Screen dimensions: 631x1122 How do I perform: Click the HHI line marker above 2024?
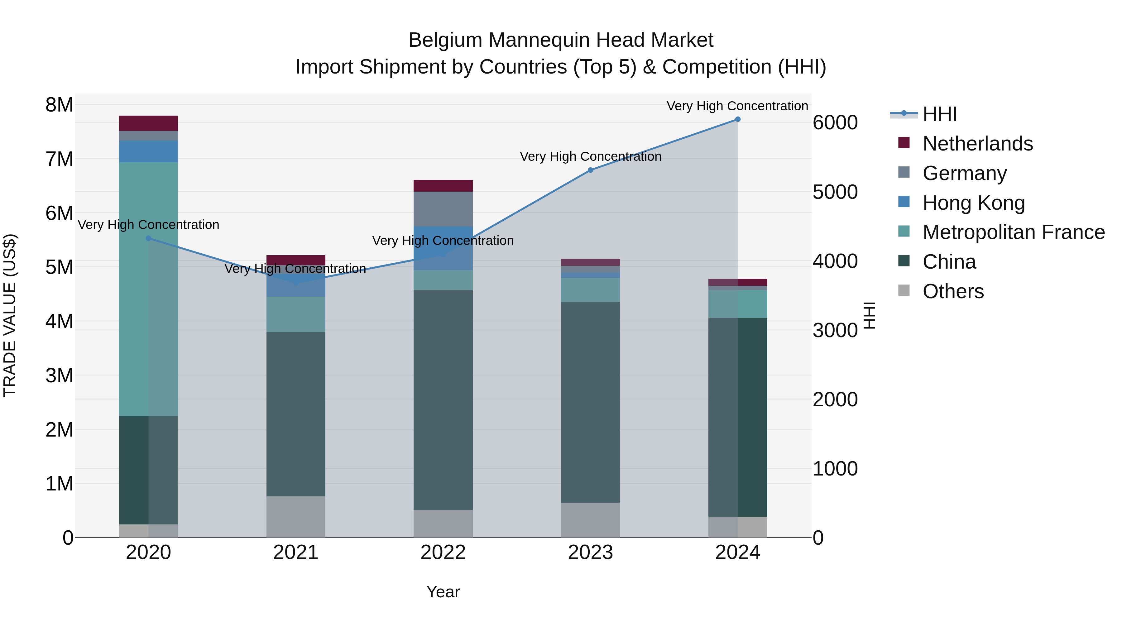[737, 119]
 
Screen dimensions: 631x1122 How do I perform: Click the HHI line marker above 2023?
[590, 170]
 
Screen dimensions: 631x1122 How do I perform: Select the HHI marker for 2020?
[149, 238]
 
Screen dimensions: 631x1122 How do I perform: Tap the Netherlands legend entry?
[977, 144]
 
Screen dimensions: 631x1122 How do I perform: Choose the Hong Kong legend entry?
[973, 203]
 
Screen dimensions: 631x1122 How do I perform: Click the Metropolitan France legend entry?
[1013, 232]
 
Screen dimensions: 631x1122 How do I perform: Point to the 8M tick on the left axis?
[60, 105]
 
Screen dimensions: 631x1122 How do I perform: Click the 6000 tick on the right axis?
[835, 123]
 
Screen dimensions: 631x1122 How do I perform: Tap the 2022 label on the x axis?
[443, 552]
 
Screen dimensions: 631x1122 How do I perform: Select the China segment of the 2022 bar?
[443, 400]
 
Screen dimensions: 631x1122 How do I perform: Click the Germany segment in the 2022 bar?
[443, 209]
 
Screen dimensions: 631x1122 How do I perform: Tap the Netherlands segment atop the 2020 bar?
[149, 123]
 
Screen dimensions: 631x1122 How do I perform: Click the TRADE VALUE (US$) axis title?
[10, 315]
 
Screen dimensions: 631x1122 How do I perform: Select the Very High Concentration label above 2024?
[737, 106]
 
